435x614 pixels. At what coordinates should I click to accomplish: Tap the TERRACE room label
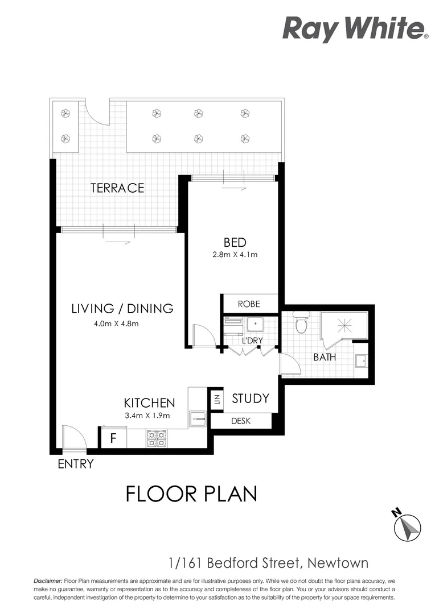point(117,188)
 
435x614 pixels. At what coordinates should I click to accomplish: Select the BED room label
point(235,243)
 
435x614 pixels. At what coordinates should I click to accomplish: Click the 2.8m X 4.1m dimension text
point(235,255)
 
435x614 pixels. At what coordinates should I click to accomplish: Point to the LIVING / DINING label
point(122,309)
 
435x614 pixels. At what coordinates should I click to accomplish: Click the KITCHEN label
point(149,403)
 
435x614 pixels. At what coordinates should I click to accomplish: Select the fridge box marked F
point(113,439)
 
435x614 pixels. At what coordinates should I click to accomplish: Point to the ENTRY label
point(75,464)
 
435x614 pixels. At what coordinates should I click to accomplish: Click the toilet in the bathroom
point(301,323)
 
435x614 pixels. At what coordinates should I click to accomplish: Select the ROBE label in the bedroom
point(249,304)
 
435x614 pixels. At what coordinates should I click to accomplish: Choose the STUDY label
point(250,399)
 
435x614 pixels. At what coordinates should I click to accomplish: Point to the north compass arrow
point(408,526)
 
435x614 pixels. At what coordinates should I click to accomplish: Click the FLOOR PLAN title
point(191,493)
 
